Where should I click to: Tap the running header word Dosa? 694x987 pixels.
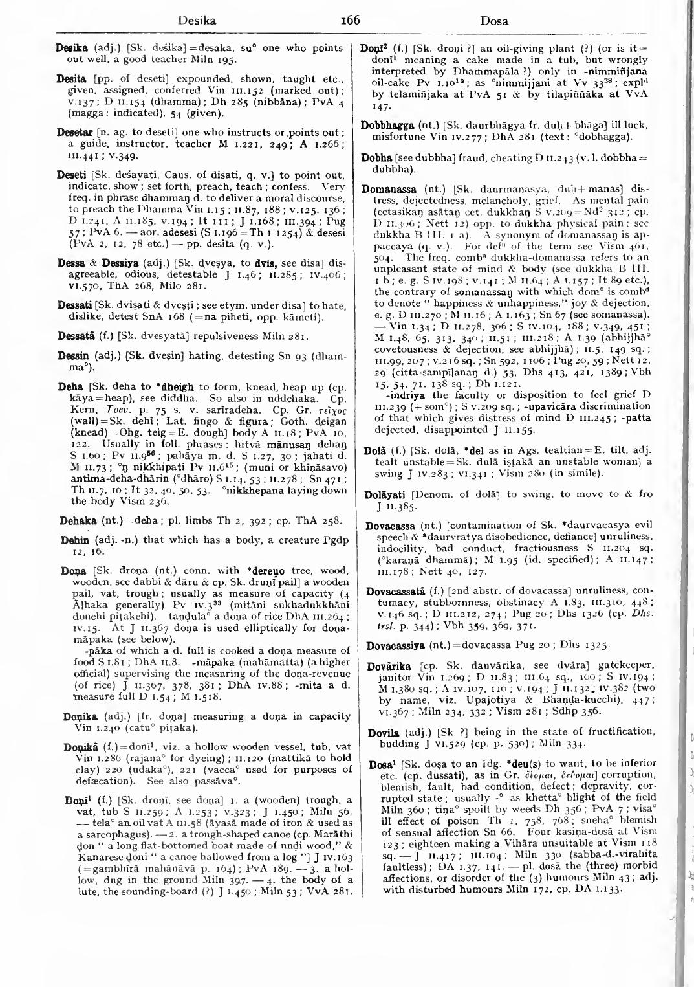495,21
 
